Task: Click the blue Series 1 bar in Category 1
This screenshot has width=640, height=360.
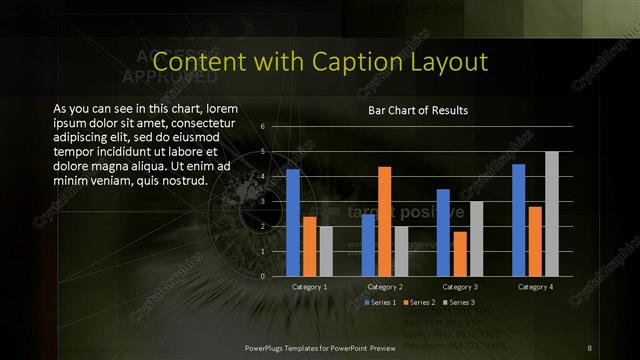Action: pyautogui.click(x=293, y=222)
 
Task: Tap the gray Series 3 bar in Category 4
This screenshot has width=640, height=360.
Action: pyautogui.click(x=552, y=213)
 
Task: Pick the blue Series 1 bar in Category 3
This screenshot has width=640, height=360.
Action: pyautogui.click(x=443, y=232)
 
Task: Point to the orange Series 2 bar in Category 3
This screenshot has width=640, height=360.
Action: pyautogui.click(x=460, y=253)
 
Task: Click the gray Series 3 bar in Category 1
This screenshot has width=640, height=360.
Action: pyautogui.click(x=326, y=251)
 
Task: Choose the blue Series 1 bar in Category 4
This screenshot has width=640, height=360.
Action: pyautogui.click(x=518, y=220)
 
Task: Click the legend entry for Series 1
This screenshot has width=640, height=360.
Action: pyautogui.click(x=381, y=302)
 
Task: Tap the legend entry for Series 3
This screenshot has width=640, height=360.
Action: pyautogui.click(x=459, y=302)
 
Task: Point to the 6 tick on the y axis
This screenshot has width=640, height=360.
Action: pyautogui.click(x=261, y=127)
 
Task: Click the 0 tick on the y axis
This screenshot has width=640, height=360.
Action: pyautogui.click(x=261, y=276)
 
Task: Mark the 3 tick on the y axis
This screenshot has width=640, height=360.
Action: pyautogui.click(x=261, y=202)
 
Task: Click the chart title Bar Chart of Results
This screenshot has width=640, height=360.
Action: pyautogui.click(x=418, y=110)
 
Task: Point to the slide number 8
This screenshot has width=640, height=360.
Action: pyautogui.click(x=590, y=347)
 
